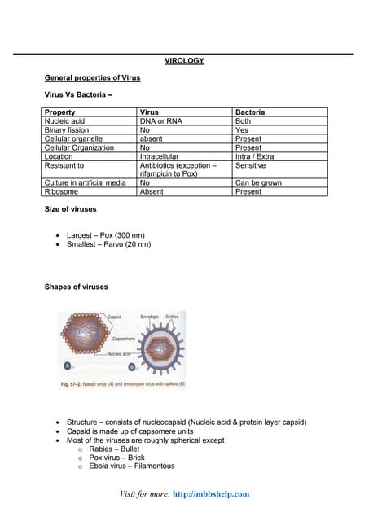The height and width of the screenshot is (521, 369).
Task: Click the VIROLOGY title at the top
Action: click(184, 61)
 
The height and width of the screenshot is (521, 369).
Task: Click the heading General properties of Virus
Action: click(92, 77)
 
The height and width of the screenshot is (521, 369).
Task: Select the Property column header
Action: click(60, 112)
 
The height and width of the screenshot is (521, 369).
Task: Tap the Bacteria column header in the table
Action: click(249, 112)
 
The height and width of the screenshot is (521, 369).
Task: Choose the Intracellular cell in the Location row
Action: click(160, 156)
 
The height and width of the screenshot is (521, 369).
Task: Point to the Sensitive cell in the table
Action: click(251, 165)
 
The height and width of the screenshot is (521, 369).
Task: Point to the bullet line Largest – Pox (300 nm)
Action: click(105, 234)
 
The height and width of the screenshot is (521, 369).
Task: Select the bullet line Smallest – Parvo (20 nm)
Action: click(108, 243)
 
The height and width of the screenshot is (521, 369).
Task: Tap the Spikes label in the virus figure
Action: click(172, 316)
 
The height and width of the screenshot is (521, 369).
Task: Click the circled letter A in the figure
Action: click(65, 366)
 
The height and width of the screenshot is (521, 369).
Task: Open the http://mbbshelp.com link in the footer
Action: click(212, 493)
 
